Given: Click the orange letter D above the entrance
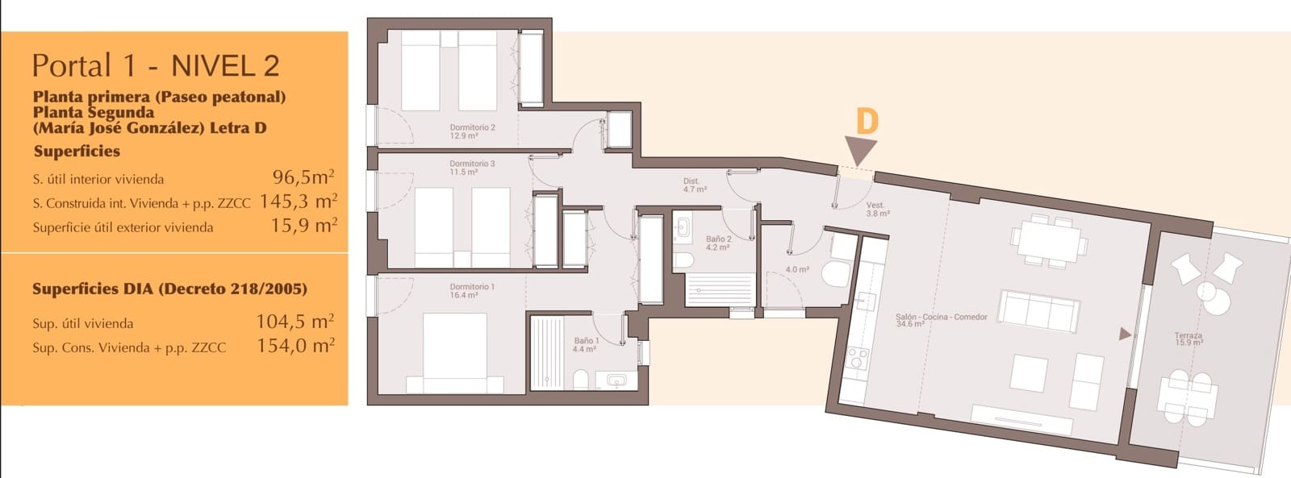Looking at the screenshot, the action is (x=867, y=122).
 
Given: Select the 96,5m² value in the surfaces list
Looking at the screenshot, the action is (x=303, y=177).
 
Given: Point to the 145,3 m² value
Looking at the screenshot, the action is (x=298, y=201).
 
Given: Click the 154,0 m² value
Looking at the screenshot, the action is (x=295, y=346).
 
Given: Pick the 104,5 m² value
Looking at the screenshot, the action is (x=295, y=322).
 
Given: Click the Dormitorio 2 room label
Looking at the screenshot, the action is (x=472, y=131).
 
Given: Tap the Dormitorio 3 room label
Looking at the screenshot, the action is (x=472, y=168).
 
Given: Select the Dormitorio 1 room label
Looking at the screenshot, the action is (x=472, y=291).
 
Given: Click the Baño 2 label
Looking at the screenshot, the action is (x=718, y=243).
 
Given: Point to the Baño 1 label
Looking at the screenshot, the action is (x=586, y=345).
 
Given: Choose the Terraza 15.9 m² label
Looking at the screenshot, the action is (x=1189, y=339).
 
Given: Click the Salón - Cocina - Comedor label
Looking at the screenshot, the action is (x=941, y=320).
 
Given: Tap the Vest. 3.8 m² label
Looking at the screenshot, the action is (x=877, y=209).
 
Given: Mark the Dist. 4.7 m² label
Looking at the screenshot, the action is (x=695, y=185).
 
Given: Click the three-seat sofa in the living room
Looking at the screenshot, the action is (x=1038, y=311).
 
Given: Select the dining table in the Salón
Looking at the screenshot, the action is (x=1049, y=241).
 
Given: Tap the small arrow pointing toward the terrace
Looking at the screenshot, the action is (x=1125, y=334).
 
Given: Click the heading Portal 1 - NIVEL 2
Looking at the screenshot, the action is (x=156, y=65).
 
